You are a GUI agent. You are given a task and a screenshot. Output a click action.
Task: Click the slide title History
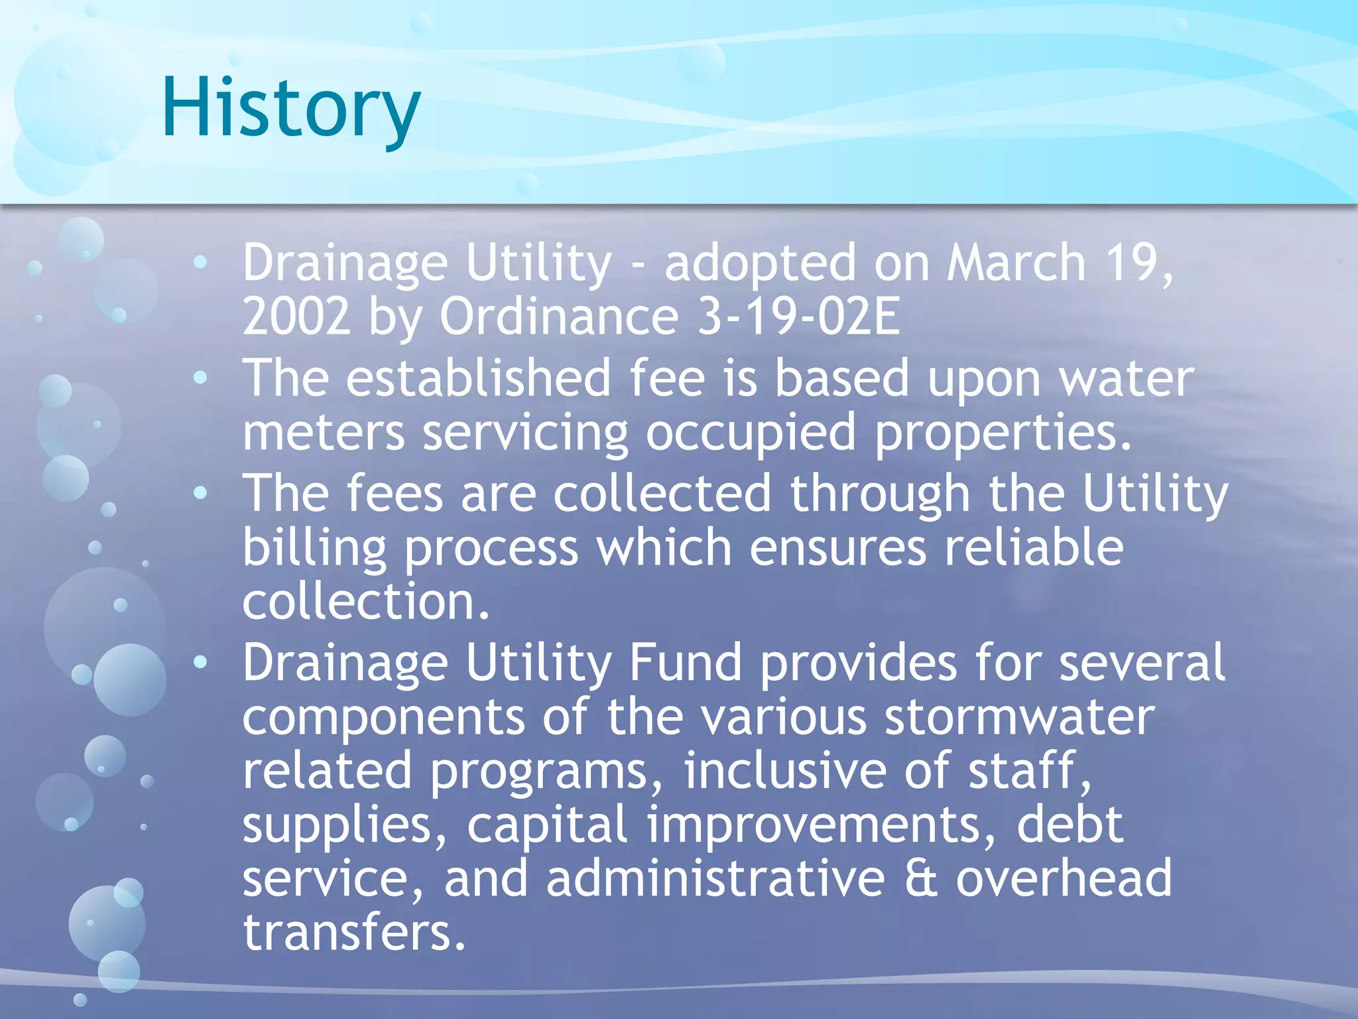pos(290,108)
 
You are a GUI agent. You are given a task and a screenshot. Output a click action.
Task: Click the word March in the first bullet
pos(1016,263)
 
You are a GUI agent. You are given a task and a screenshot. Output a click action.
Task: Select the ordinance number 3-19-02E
pos(799,316)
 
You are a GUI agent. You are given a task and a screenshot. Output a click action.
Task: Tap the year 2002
pos(296,316)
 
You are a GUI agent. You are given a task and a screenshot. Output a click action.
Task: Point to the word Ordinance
pos(559,316)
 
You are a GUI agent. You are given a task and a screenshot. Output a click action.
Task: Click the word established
pos(477,378)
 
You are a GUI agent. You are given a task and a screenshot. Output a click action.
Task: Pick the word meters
pos(324,433)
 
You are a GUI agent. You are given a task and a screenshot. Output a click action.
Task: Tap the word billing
pos(314,549)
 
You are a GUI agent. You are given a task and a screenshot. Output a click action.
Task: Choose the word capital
pos(547,825)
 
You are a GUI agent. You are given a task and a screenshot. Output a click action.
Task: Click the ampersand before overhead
pos(921,878)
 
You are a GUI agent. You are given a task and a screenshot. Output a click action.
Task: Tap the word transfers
pos(354,932)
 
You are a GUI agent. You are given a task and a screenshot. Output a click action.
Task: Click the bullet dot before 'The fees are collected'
pos(200,493)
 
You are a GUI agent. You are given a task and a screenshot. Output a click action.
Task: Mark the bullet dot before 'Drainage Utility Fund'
pos(200,662)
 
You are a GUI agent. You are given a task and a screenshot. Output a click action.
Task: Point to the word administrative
pos(715,878)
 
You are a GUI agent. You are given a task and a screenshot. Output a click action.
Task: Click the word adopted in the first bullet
pos(760,264)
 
